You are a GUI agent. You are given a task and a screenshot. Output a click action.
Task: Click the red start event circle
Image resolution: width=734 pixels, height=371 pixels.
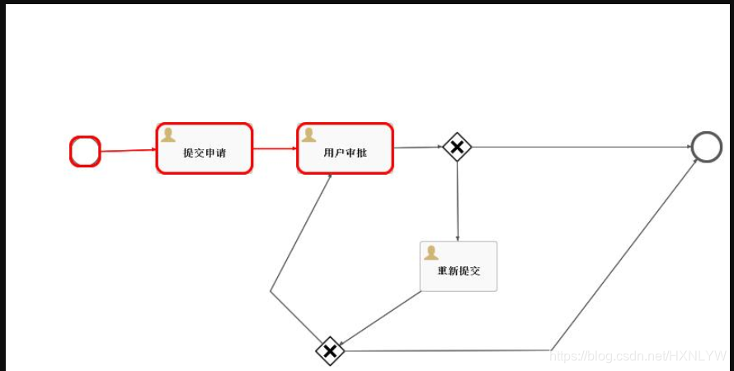[x=85, y=152]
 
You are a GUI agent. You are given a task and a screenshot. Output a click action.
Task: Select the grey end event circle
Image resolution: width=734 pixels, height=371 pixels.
[x=706, y=147]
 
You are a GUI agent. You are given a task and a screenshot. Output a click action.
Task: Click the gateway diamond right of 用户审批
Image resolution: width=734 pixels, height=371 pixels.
[x=457, y=148]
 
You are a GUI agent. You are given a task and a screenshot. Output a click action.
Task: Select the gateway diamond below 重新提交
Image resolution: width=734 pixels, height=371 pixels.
[x=330, y=351]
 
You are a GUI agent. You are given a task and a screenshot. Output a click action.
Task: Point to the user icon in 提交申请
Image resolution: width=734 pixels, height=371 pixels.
[x=168, y=135]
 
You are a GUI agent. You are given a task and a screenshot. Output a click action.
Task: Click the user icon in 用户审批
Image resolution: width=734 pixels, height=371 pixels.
[x=309, y=135]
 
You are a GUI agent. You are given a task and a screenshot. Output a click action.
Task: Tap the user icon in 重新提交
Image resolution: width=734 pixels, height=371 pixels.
[x=431, y=253]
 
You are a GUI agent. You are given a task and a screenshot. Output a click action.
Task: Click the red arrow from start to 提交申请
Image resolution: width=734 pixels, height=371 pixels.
[x=128, y=151]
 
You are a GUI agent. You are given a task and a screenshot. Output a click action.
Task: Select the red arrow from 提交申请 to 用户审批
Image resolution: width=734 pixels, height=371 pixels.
[x=275, y=149]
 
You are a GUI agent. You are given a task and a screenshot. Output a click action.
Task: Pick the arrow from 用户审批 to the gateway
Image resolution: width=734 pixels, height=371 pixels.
[x=417, y=148]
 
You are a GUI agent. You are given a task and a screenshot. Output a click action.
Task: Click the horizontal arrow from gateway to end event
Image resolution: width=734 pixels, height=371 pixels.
[x=577, y=148]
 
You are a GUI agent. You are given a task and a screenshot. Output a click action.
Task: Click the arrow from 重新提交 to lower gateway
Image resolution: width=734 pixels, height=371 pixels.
[x=381, y=317]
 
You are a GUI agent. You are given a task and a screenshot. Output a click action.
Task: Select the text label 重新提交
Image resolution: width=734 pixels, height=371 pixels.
[x=459, y=271]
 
